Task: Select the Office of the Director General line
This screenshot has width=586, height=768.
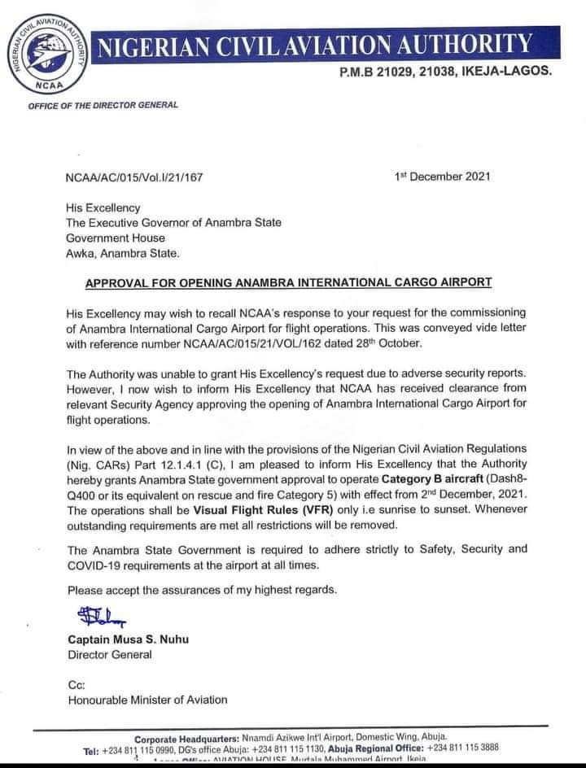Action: (x=103, y=105)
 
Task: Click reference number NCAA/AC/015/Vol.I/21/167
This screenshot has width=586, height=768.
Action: (x=134, y=176)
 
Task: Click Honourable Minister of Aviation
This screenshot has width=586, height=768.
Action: (x=147, y=700)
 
